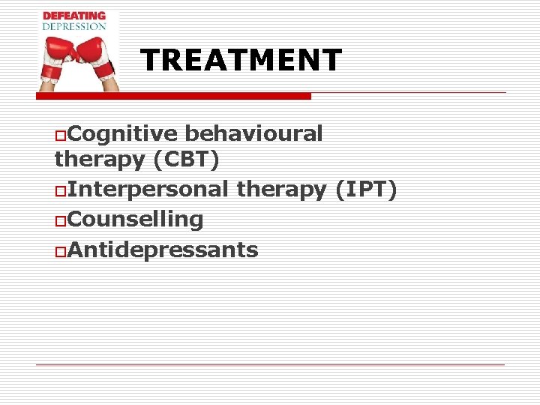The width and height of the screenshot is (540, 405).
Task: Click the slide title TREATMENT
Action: pos(241,60)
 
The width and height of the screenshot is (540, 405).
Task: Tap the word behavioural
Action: pos(253,133)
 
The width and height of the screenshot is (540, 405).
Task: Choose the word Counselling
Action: pos(135,219)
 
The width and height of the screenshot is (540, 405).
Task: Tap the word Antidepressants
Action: pos(163,249)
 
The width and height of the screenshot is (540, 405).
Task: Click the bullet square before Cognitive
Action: pos(60,135)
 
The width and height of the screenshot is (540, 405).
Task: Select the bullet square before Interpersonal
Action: pos(60,190)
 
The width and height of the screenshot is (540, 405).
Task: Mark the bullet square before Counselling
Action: pos(60,220)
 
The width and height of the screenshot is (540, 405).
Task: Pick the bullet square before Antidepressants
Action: pos(60,250)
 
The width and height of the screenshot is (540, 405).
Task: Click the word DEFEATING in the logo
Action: pos(74,16)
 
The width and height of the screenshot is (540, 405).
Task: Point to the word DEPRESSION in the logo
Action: pos(74,26)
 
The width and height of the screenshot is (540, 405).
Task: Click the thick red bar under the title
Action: pos(174,96)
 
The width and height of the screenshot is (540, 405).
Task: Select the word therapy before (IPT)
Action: pos(281,189)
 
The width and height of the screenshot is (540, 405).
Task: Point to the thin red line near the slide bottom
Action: pos(270,364)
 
